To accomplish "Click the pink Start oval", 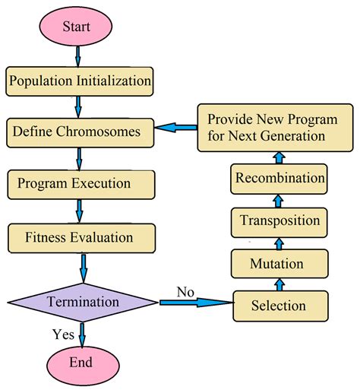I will coord(77,27).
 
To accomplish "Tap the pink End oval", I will coord(81,362).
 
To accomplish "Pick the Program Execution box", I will coord(81,183).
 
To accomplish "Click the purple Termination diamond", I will coord(82,302).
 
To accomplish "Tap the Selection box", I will coord(279,306).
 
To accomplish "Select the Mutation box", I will coord(277,264).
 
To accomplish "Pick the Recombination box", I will coord(279,179).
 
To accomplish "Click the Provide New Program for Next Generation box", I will coord(268,127).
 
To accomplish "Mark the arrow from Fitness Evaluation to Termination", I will coord(82,266).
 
